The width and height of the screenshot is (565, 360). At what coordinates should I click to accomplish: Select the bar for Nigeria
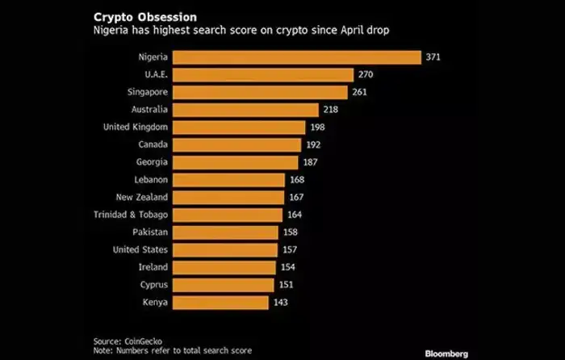(x=296, y=57)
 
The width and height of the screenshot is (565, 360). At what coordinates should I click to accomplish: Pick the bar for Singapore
(x=260, y=92)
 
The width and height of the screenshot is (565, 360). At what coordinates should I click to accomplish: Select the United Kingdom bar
(x=239, y=128)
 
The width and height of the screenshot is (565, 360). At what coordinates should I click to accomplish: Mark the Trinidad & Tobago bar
(x=227, y=215)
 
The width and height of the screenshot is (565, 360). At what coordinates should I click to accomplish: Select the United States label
(x=140, y=249)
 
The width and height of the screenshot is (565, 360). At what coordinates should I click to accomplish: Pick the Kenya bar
(x=220, y=302)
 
